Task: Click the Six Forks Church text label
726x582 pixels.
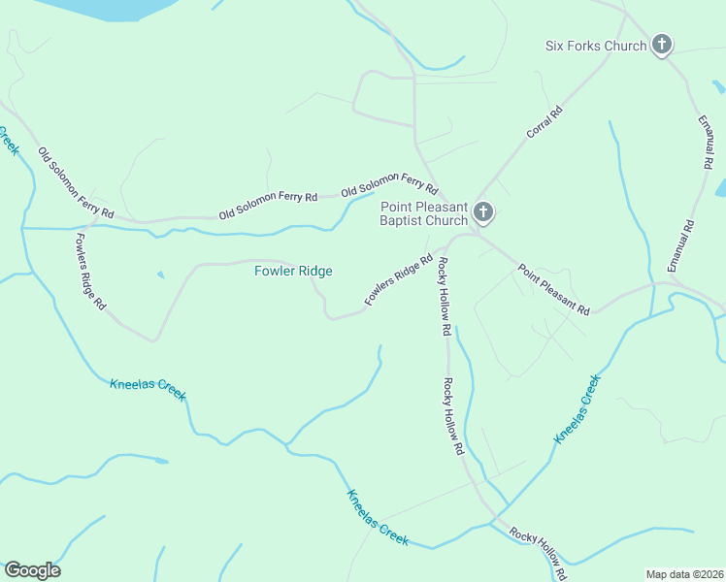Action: (x=596, y=46)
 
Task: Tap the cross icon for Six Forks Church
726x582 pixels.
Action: (x=662, y=45)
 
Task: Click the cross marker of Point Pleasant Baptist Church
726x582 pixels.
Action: (x=483, y=212)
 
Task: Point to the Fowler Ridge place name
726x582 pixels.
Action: (x=293, y=271)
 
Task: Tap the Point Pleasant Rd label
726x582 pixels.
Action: (x=553, y=290)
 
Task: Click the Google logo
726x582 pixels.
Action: (x=32, y=570)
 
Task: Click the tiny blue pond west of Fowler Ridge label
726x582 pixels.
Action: (x=160, y=275)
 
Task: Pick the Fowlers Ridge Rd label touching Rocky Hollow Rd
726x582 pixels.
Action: (x=398, y=281)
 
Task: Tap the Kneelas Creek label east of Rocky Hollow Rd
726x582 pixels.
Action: (x=578, y=410)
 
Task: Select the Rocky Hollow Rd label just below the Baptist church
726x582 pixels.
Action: (x=443, y=297)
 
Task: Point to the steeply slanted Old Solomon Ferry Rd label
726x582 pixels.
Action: (x=76, y=182)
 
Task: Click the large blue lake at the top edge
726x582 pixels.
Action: (x=97, y=8)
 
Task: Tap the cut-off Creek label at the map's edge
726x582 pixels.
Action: (x=8, y=141)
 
